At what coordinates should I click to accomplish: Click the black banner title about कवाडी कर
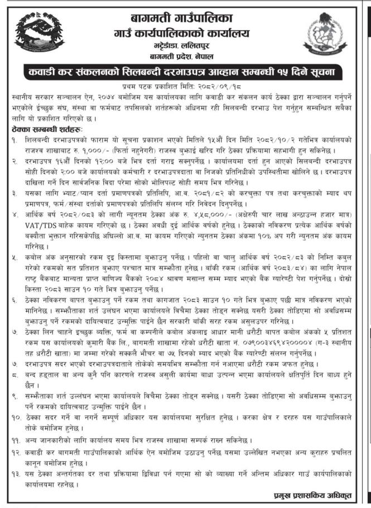click(x=185, y=73)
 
